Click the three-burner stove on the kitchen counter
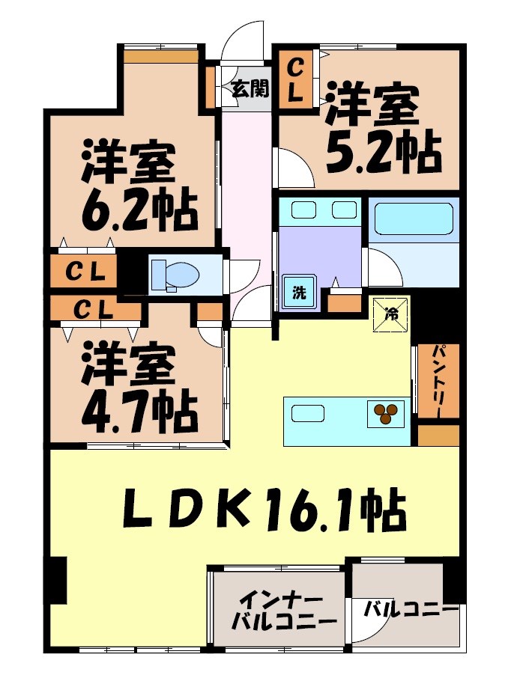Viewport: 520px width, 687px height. point(385,414)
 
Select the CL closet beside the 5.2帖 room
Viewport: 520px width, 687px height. point(297,81)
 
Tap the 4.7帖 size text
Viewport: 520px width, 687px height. point(139,407)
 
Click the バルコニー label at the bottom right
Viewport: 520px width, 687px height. point(410,609)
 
